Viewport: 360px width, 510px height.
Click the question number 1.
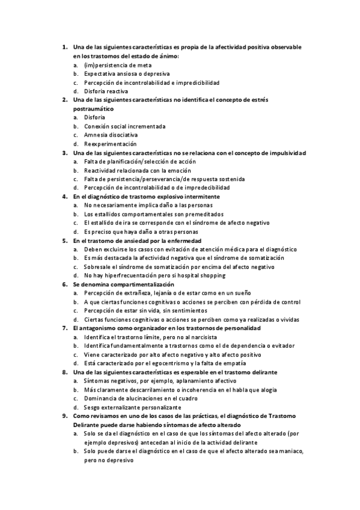(x=64, y=47)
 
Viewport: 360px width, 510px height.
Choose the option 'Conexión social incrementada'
(x=125, y=126)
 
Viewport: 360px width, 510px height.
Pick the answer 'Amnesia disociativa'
(x=111, y=135)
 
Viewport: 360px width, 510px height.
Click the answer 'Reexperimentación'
(x=110, y=144)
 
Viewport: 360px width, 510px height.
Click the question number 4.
(x=64, y=197)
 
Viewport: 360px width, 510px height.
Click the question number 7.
(x=64, y=328)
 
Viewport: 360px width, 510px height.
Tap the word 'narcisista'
(x=201, y=337)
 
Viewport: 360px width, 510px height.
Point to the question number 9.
(x=64, y=416)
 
